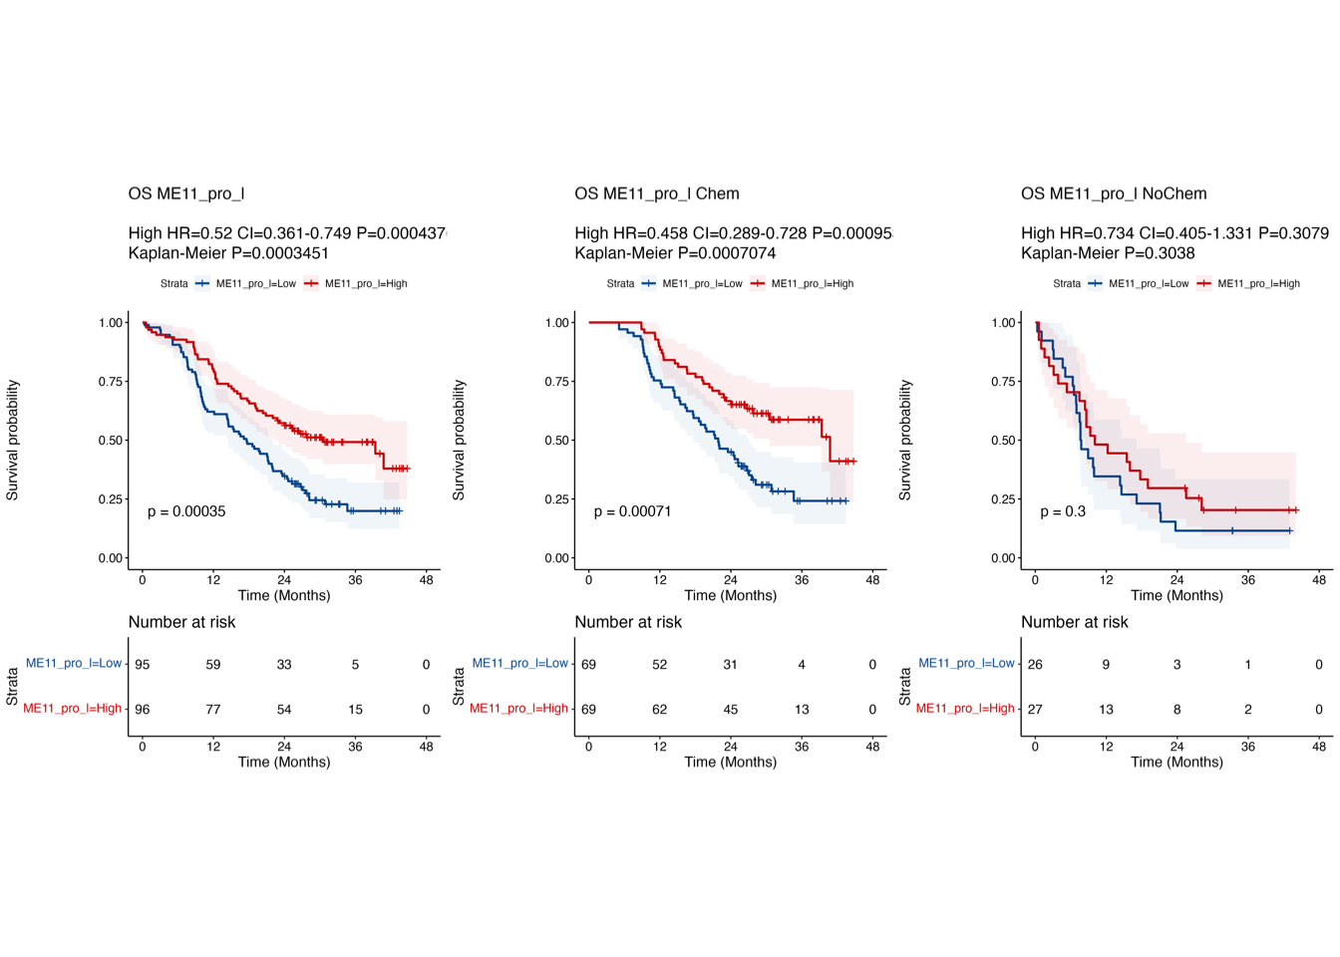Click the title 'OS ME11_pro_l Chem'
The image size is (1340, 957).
[x=656, y=193]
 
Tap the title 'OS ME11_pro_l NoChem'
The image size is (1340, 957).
[x=1113, y=193]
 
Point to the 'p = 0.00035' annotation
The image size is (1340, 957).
[x=186, y=511]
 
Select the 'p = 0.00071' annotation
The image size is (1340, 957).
[x=632, y=511]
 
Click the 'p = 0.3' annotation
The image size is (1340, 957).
[x=1063, y=511]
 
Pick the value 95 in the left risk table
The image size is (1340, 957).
[x=143, y=665]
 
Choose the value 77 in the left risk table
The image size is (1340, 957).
[x=213, y=710]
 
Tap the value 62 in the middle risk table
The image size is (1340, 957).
[x=659, y=710]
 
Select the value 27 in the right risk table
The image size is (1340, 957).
[x=1035, y=710]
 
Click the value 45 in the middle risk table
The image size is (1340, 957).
[x=730, y=710]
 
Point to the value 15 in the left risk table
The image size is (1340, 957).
[x=355, y=710]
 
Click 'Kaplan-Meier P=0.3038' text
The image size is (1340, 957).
[x=1107, y=253]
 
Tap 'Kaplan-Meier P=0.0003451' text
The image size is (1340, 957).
[x=228, y=253]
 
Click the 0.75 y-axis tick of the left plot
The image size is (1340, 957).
[x=111, y=382]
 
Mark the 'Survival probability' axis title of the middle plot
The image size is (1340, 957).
[x=460, y=440]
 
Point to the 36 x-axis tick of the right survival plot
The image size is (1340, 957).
[x=1248, y=579]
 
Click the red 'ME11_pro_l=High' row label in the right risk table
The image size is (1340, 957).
[x=964, y=709]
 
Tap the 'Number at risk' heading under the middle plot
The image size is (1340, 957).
[x=628, y=622]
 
